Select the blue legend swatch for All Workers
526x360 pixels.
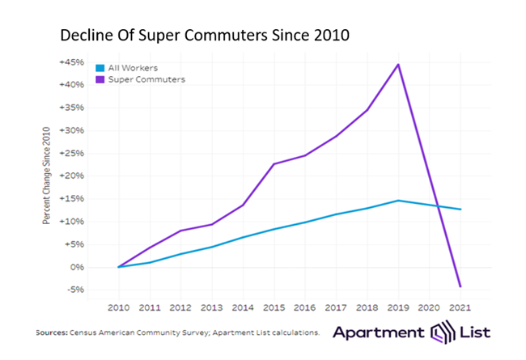[100, 68]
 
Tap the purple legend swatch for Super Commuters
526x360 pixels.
[100, 79]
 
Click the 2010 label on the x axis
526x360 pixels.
[118, 307]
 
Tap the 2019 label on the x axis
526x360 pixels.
[398, 307]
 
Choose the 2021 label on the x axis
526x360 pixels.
[460, 307]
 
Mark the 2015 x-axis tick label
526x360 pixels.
[274, 307]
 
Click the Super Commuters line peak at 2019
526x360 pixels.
[398, 64]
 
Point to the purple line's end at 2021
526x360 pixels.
[460, 286]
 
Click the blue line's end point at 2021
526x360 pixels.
[460, 210]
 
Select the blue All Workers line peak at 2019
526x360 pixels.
[398, 200]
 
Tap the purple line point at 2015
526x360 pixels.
[274, 164]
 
